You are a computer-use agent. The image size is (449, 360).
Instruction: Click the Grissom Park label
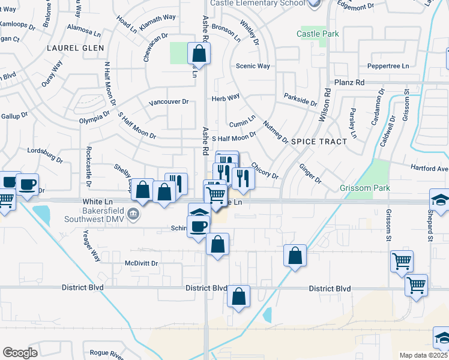[x=365, y=188]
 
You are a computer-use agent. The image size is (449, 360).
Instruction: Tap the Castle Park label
[x=318, y=34]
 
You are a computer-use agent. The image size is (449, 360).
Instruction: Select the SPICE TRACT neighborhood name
[x=319, y=142]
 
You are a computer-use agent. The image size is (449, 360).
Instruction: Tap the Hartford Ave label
[x=429, y=169]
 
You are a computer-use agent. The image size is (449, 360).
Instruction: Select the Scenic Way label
[x=253, y=66]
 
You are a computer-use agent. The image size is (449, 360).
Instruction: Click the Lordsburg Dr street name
[x=45, y=155]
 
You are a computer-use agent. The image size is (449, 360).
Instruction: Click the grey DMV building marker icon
[x=135, y=214]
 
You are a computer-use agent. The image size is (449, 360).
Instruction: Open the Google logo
[x=20, y=352]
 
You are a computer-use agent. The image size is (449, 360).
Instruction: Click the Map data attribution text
[x=424, y=355]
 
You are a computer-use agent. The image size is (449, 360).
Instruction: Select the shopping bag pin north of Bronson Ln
[x=199, y=54]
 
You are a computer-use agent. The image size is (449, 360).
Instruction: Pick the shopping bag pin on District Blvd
[x=239, y=296]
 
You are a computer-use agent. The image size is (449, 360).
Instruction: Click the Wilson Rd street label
[x=325, y=105]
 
